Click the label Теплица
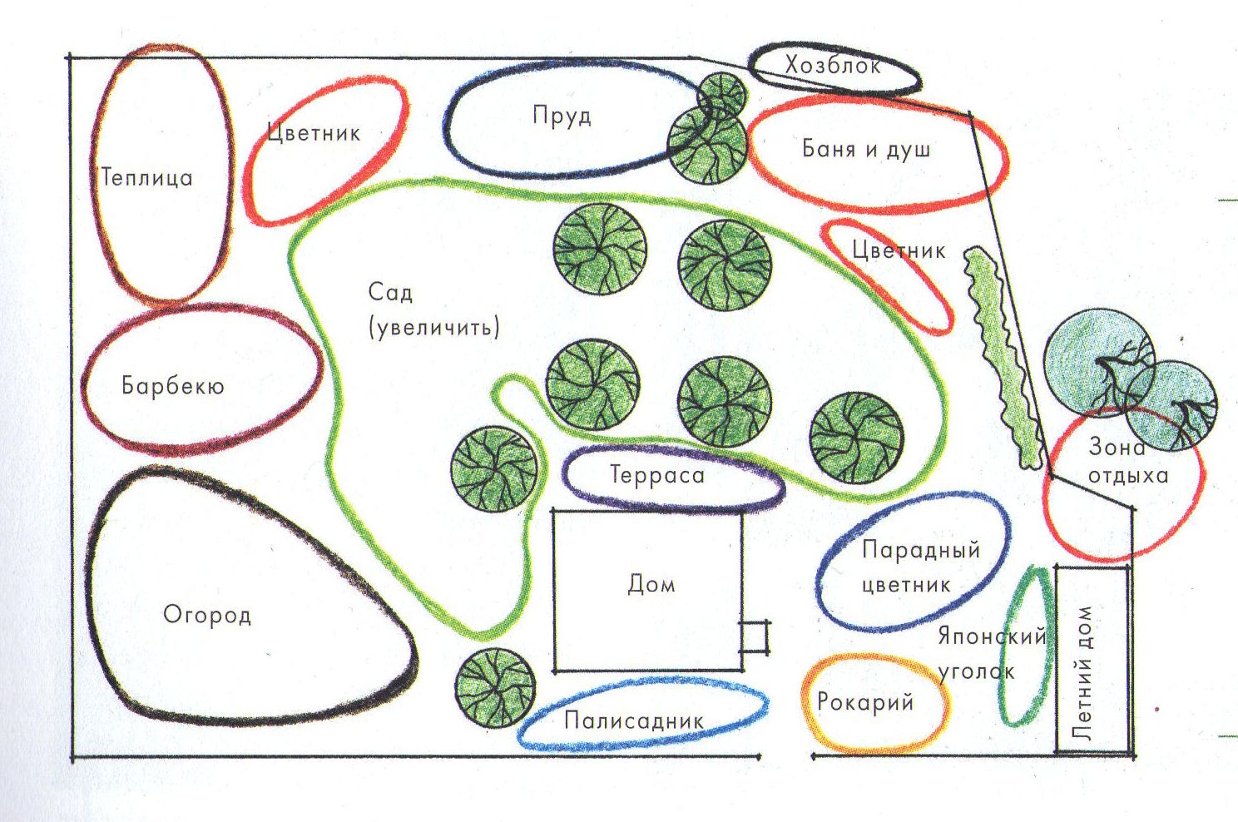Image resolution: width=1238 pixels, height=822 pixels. pos(146,177)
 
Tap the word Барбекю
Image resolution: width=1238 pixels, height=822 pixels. pos(172,386)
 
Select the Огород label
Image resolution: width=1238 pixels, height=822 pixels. pos(206,615)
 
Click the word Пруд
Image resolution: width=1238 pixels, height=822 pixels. pos(562,115)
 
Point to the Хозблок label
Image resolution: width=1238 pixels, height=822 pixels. pos(832,65)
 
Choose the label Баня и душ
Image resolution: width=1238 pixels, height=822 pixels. pos(866,149)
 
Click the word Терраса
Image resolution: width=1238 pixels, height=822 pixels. pos(657,475)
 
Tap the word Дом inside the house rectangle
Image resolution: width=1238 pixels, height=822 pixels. pos(651,584)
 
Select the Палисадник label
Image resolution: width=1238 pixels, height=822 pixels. pos(634,720)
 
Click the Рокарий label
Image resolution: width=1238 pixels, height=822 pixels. pos(865,702)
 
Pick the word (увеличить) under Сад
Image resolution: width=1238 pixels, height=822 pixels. pos(433,326)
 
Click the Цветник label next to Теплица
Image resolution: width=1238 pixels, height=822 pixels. pos(314,132)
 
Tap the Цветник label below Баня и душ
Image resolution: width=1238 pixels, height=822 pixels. pos(899,250)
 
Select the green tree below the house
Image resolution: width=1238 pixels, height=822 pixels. pos(495,687)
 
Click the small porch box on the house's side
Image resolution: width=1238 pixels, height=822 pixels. pos(755,637)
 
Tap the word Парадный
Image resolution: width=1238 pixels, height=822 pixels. pos(920,550)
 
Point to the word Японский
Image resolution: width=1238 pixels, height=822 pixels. pos(991,636)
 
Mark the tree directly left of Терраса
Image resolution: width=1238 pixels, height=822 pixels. pos(494,468)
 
